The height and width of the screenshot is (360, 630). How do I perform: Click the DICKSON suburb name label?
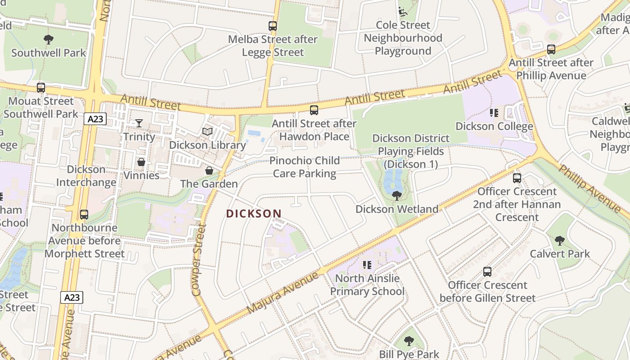pos(254,214)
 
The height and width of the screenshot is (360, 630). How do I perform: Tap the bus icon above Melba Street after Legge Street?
pos(273,26)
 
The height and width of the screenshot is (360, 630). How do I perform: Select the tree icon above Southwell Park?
pos(49,40)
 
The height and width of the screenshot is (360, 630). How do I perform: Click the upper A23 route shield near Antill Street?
pos(95,119)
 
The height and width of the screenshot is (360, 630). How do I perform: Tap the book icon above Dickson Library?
pos(207,132)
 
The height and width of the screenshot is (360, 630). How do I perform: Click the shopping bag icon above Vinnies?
pos(141,162)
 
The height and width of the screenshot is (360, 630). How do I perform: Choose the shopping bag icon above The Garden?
pos(209,171)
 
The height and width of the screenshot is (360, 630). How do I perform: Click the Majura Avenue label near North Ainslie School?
pos(279,292)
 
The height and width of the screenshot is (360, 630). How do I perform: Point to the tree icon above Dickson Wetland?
pos(396,195)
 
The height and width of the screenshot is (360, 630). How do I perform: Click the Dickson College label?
pos(494,126)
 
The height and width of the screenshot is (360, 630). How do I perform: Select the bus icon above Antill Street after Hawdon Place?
pos(314,110)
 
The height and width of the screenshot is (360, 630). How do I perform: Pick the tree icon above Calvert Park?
pos(559,241)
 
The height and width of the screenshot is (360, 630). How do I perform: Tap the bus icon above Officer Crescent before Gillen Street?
pos(487,272)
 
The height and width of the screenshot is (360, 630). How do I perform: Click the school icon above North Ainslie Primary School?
pos(367,265)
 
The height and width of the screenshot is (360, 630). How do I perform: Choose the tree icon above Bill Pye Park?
pos(409,341)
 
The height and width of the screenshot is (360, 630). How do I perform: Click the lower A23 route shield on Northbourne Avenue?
pos(72,297)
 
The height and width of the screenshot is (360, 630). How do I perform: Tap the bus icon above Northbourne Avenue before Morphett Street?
pos(84,215)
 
